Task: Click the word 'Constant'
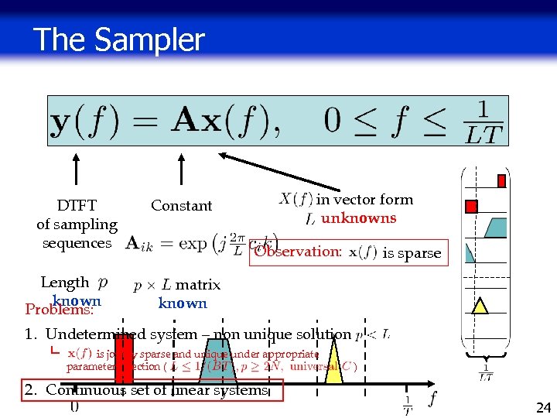(181, 205)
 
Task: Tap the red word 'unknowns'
(358, 218)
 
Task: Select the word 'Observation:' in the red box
(298, 252)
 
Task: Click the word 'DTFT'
(77, 205)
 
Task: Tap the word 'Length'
(65, 283)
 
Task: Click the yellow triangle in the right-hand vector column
(480, 305)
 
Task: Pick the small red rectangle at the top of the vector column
(501, 181)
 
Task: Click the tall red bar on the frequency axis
(124, 359)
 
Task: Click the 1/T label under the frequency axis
(407, 406)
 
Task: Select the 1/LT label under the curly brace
(485, 374)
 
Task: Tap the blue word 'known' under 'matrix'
(183, 303)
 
